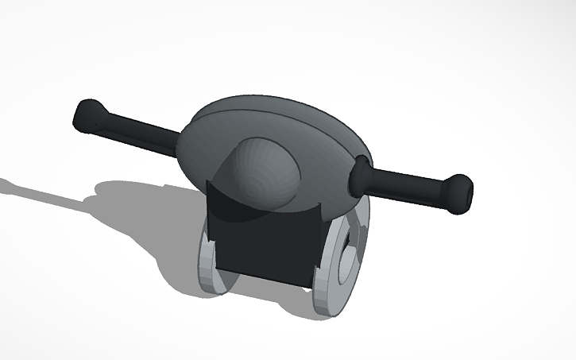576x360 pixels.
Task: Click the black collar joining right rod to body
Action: point(361,174)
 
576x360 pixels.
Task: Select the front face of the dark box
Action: point(266,246)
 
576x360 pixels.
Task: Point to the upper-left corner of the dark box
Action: point(208,183)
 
